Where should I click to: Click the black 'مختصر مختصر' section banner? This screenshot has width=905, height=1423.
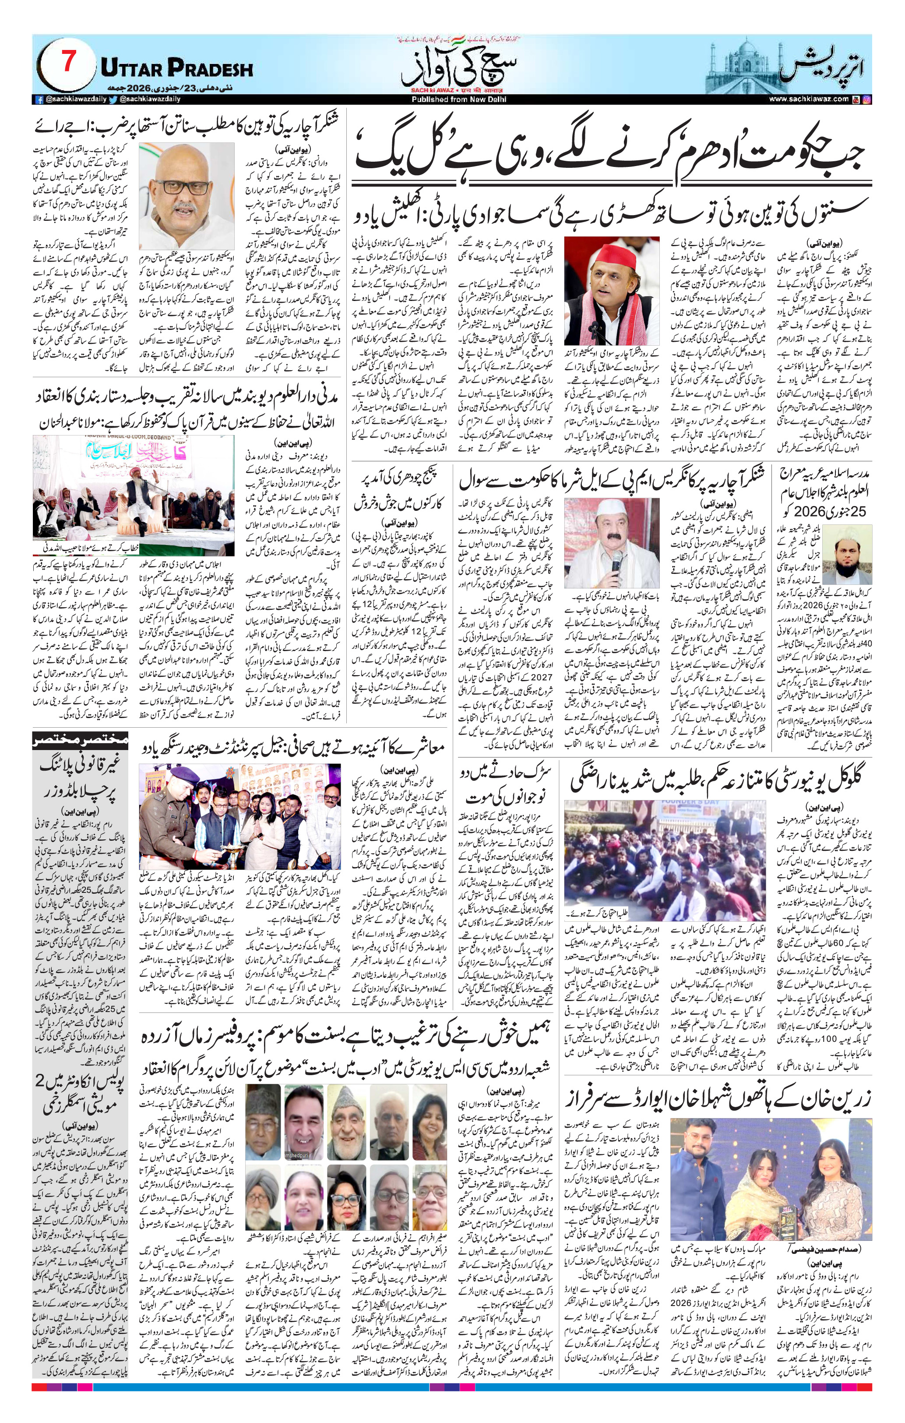pyautogui.click(x=80, y=740)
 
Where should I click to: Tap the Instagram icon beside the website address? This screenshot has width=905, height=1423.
pyautogui.click(x=866, y=100)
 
